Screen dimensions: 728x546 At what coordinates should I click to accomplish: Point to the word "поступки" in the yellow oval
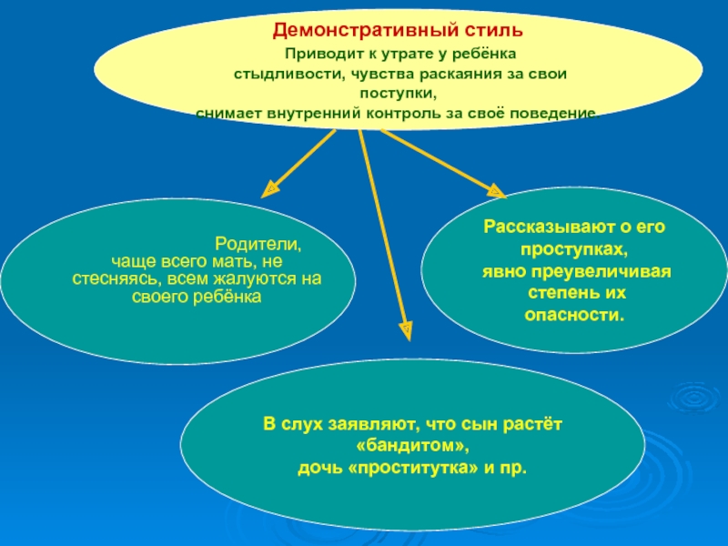point(397,94)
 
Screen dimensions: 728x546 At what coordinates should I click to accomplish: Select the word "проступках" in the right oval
point(573,249)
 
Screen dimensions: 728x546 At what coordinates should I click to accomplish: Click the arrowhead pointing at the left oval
point(270,190)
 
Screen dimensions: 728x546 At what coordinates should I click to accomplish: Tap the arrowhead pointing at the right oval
point(495,191)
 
